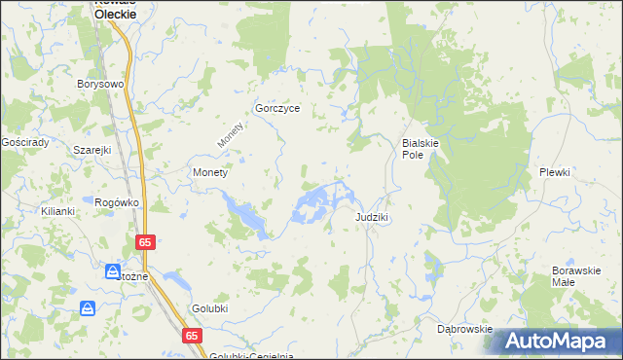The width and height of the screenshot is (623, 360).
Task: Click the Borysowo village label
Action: tap(101, 85)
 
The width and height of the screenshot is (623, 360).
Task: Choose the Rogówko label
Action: tap(118, 202)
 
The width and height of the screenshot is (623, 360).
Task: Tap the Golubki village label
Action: tap(209, 306)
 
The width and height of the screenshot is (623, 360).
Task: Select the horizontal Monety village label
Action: tap(210, 172)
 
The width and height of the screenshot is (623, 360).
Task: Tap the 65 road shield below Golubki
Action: tap(192, 335)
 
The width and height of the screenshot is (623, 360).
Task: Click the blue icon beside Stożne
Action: tap(113, 271)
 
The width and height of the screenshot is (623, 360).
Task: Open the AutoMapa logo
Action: tap(558, 342)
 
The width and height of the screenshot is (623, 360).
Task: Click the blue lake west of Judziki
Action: tap(316, 204)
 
